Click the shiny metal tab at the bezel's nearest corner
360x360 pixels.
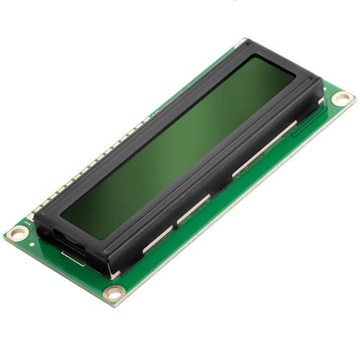click(114, 274)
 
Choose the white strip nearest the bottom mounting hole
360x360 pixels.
click(155, 238)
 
